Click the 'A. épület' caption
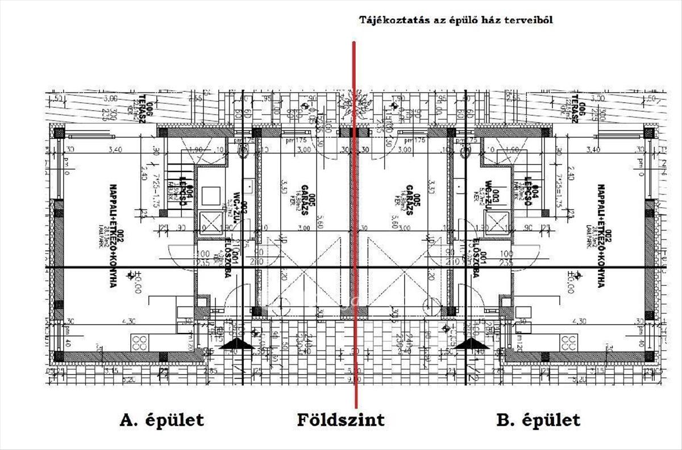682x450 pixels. coord(161,420)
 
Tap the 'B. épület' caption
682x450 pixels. coord(538,420)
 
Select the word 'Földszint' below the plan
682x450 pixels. coord(340,420)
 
